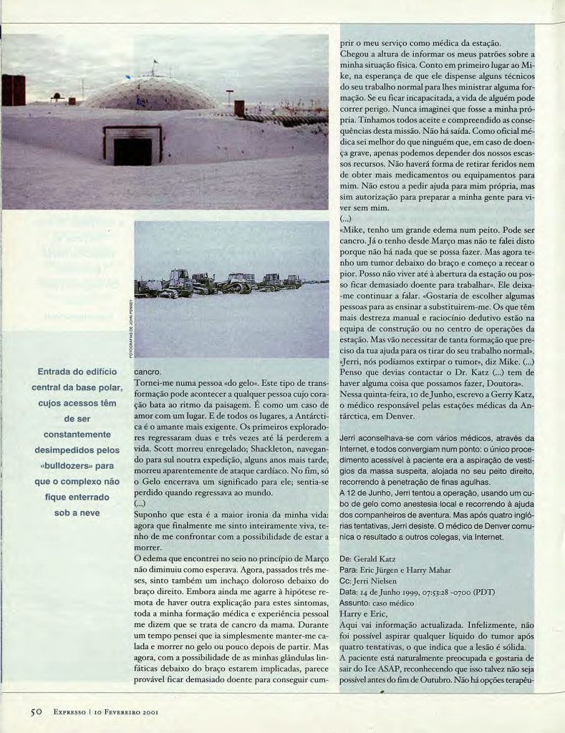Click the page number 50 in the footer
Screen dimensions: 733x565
(x=37, y=712)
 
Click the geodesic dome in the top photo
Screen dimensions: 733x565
(x=153, y=94)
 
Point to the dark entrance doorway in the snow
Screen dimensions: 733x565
(x=132, y=150)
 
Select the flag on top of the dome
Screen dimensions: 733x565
(x=154, y=62)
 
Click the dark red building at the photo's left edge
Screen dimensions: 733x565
(x=14, y=90)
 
